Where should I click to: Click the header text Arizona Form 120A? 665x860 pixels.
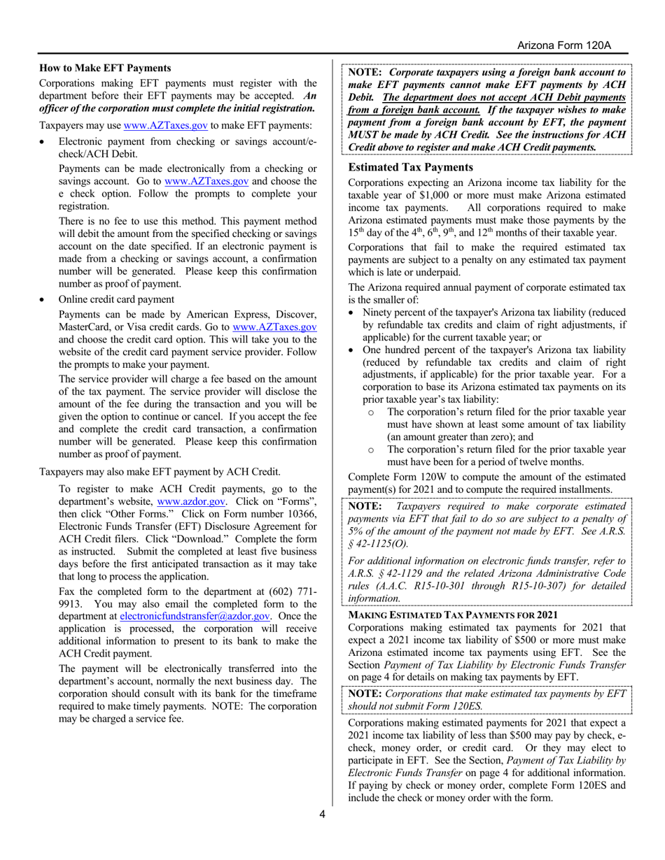pyautogui.click(x=565, y=45)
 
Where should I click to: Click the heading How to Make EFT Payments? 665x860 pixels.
pyautogui.click(x=104, y=68)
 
